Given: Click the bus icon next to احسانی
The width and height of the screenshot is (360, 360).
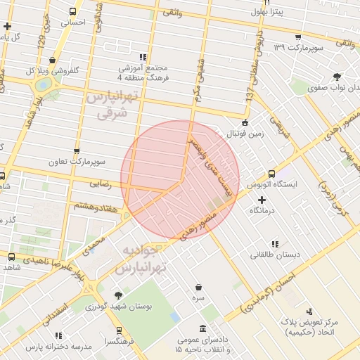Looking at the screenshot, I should coord(73,11).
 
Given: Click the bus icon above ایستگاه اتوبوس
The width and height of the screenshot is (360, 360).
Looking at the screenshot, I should coord(271,174).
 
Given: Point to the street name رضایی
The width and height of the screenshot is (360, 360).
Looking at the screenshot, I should coord(100,183).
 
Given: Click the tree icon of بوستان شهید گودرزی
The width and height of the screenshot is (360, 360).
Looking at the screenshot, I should coord(117,295).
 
